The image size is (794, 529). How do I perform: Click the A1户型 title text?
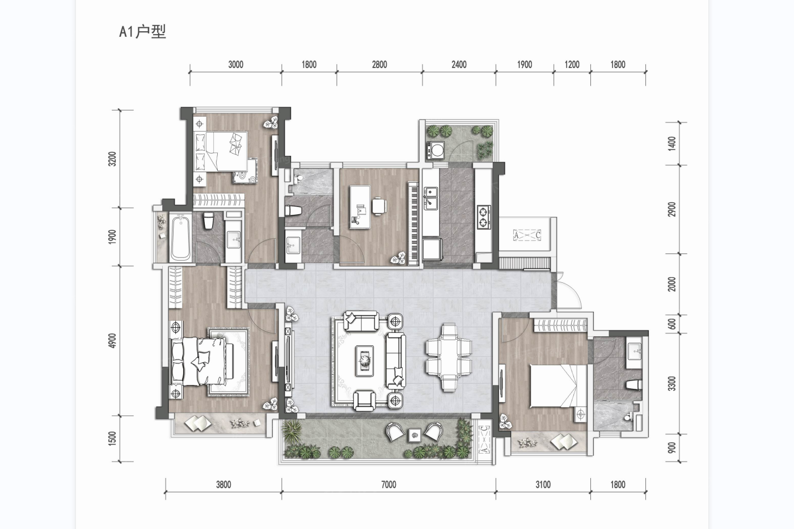point(142,32)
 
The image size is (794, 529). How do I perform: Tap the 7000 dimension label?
point(388,484)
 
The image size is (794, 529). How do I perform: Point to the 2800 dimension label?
point(379,65)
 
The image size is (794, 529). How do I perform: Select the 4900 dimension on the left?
point(112,341)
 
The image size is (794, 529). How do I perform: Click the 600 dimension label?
point(671,324)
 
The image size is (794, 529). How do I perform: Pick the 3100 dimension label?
point(543,484)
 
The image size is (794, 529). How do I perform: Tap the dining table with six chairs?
point(449,357)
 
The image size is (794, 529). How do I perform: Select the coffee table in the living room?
point(365,361)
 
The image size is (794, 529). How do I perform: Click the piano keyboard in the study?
point(413,223)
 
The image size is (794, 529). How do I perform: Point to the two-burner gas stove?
point(484,217)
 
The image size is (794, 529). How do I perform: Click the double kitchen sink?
point(431,198)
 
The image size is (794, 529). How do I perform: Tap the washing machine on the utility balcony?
point(436,150)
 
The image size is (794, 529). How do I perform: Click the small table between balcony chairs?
point(415,435)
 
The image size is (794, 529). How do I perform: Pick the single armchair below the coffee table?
point(365,401)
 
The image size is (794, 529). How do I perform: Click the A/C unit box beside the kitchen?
point(527,235)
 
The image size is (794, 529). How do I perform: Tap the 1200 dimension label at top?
point(572,65)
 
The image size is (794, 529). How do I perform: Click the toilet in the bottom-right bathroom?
point(634,385)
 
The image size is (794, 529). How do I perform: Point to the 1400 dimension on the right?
point(671,143)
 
